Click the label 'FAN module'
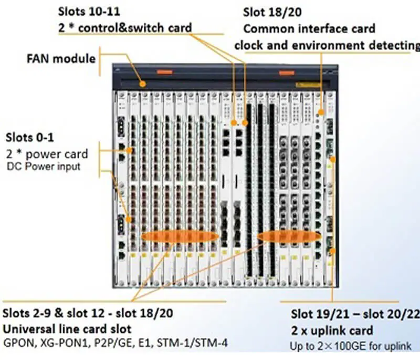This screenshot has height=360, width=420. click(61, 57)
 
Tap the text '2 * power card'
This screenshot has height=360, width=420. click(47, 155)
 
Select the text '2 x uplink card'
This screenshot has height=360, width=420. click(332, 331)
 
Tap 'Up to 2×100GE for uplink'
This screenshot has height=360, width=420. click(350, 346)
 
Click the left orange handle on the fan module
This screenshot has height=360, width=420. click(164, 71)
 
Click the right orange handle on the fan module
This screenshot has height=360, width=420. click(287, 73)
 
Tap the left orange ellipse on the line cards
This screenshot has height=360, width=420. click(179, 236)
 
